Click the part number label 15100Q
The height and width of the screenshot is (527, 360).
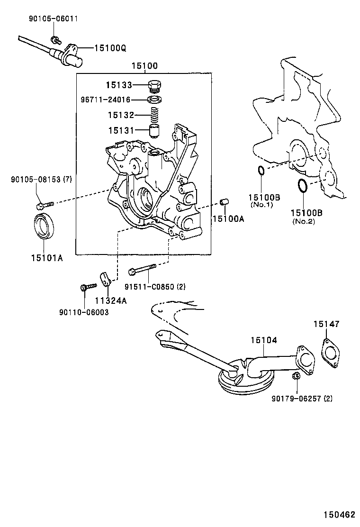click(110, 48)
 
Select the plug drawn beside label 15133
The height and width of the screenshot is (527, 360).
click(155, 86)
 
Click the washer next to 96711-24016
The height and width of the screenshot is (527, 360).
click(155, 100)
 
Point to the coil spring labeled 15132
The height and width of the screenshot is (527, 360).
click(155, 115)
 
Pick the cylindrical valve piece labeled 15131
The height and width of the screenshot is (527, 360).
click(154, 130)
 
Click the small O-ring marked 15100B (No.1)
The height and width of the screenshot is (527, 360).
click(261, 171)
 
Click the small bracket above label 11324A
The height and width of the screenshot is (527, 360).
click(106, 279)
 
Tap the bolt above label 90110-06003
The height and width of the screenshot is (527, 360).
click(88, 286)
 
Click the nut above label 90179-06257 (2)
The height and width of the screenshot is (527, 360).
click(295, 376)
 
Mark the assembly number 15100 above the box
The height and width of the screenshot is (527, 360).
click(144, 66)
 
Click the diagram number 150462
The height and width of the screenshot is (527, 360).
click(339, 514)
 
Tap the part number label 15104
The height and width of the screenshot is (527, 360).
click(264, 340)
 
